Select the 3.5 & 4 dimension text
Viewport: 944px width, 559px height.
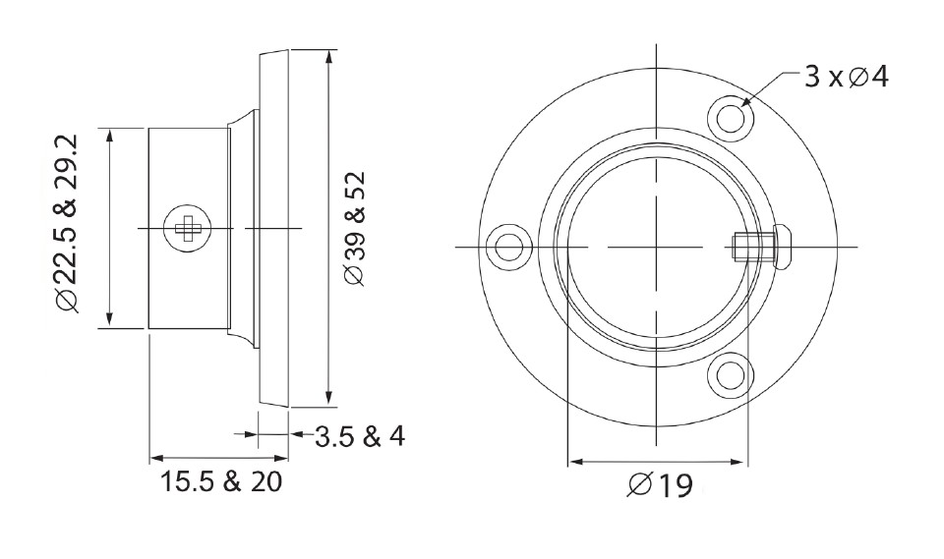[x=359, y=435]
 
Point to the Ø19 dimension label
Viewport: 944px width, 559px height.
[x=659, y=484]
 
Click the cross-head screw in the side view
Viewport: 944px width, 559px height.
[x=185, y=228]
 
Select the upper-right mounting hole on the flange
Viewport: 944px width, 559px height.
[x=733, y=117]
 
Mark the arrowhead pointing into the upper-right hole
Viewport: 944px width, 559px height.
[x=746, y=100]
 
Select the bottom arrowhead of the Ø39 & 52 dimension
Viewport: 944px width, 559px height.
[x=326, y=399]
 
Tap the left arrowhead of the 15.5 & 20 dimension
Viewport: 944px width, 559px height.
[x=156, y=457]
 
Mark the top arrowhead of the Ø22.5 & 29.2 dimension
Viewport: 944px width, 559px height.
[x=109, y=134]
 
